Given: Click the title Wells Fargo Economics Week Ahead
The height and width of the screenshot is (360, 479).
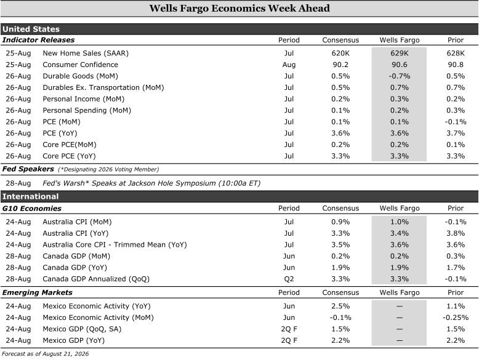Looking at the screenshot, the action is [239, 8].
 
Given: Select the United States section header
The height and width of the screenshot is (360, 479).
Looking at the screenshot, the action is [31, 29].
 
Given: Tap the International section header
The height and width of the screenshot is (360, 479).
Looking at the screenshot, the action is [30, 196].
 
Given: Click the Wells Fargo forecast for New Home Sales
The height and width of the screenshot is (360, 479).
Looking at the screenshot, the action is [399, 53].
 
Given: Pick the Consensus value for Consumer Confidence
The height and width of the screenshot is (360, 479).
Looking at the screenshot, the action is [340, 65].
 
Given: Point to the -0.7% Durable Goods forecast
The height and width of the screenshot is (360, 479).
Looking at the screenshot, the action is [399, 76].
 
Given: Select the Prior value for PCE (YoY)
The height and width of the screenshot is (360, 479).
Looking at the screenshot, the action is [456, 133].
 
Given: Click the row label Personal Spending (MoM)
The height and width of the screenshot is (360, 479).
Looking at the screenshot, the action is [87, 111].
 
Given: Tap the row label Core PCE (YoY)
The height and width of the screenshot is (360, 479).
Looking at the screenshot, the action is [69, 156].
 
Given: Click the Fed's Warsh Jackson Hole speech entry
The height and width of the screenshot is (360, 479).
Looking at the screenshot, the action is [151, 183].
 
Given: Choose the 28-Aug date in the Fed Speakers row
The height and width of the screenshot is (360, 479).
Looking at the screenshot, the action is [18, 183].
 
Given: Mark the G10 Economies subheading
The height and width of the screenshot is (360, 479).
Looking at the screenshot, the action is [32, 209].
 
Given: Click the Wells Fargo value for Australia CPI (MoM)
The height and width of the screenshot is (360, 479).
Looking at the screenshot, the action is [399, 222].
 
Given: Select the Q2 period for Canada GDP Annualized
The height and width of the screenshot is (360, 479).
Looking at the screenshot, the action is [289, 279].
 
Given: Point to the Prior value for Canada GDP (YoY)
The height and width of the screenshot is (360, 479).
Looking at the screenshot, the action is [456, 268].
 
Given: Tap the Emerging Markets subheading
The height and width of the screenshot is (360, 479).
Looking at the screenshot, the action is [38, 292].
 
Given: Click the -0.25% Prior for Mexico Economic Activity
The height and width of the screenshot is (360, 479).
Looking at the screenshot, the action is [456, 318].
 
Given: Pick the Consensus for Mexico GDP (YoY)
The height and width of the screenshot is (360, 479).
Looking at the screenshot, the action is [340, 340].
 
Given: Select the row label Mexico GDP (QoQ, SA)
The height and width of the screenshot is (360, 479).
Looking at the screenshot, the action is [82, 329].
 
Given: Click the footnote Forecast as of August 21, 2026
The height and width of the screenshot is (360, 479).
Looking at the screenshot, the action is [45, 354].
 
